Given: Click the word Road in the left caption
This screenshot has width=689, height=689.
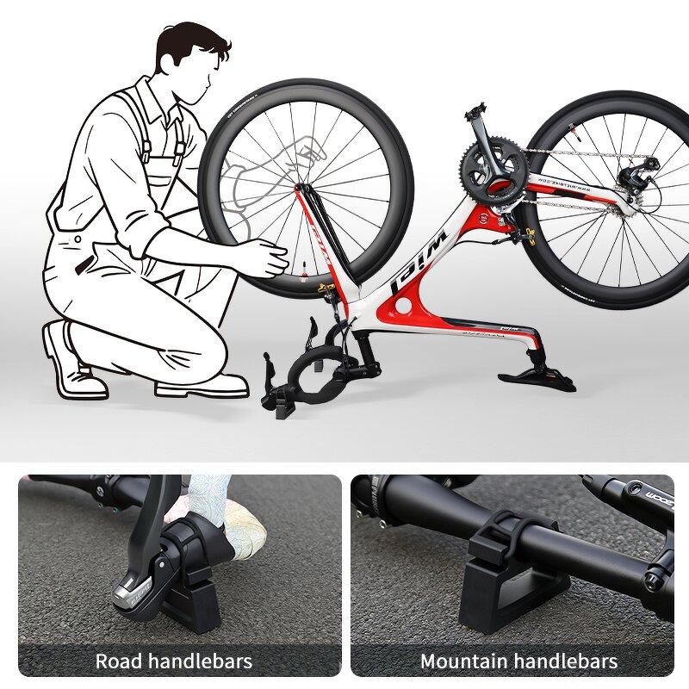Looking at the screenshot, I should click(118, 661).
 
